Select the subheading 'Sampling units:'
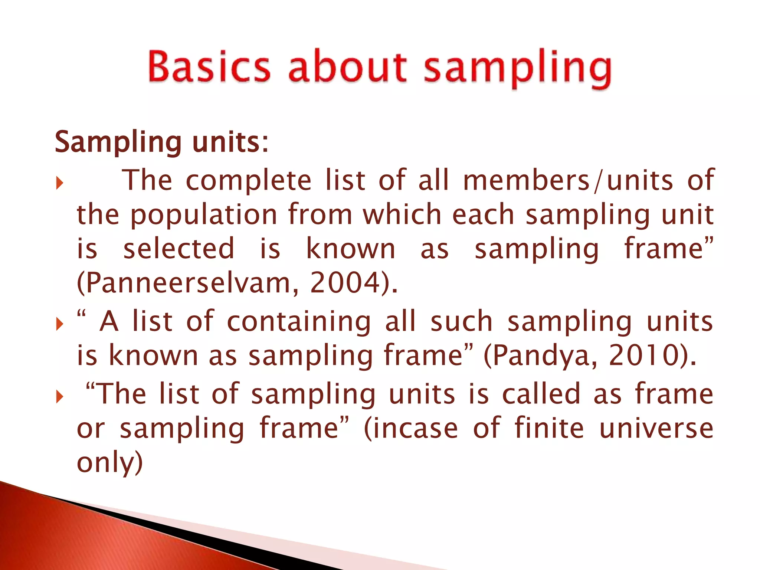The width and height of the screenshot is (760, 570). coord(161,142)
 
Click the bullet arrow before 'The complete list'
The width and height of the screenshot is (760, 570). coord(59,183)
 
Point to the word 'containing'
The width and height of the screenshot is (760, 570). coord(299,321)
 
